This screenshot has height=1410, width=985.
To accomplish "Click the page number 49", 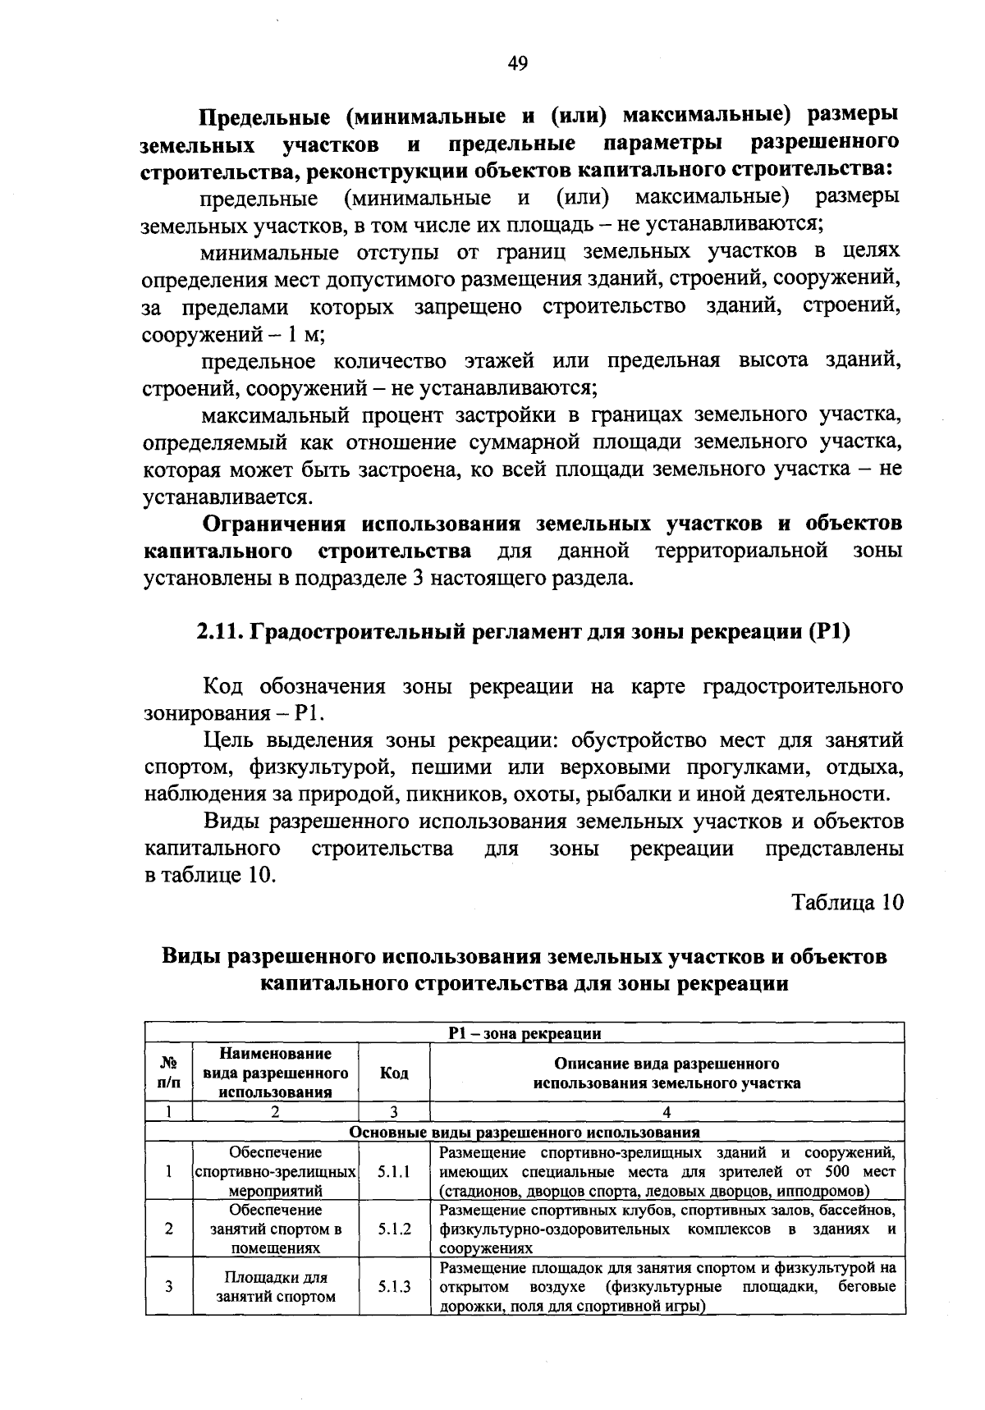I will pyautogui.click(x=517, y=64).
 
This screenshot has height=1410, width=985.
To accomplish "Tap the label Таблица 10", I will pyautogui.click(x=847, y=902).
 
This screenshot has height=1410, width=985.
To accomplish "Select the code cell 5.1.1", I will pyautogui.click(x=394, y=1172).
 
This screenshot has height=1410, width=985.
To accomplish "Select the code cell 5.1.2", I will pyautogui.click(x=394, y=1229).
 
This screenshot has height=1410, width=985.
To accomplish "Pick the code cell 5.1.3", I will pyautogui.click(x=394, y=1287).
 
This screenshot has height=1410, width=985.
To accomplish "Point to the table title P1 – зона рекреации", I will pyautogui.click(x=525, y=1034).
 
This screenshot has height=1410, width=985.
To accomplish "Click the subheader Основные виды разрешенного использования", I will pyautogui.click(x=525, y=1133).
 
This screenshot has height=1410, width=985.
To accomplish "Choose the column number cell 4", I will pyautogui.click(x=667, y=1113).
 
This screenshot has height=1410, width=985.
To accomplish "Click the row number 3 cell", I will pyautogui.click(x=168, y=1287).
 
